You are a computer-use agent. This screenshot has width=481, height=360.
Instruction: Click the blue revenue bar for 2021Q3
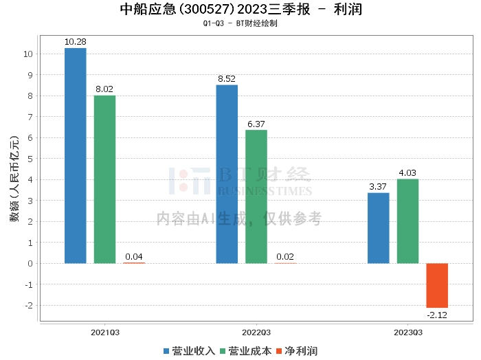click(75, 155)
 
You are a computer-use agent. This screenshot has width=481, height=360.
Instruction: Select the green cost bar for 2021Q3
click(104, 179)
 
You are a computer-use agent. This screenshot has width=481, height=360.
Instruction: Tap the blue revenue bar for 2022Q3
click(227, 174)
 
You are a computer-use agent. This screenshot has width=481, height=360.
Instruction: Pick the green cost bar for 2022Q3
click(256, 196)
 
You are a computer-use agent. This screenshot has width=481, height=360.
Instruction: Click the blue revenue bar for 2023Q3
click(379, 228)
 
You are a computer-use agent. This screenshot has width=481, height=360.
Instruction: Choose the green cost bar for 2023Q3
click(407, 221)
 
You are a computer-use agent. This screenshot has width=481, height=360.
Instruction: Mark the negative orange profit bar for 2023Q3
click(437, 285)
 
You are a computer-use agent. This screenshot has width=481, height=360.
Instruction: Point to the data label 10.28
click(75, 42)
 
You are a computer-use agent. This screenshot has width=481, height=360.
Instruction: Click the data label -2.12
click(437, 314)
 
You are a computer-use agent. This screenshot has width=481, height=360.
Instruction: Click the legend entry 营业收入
click(189, 351)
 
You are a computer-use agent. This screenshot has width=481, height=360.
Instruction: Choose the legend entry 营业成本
click(245, 351)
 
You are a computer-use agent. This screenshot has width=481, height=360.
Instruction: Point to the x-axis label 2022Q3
click(256, 331)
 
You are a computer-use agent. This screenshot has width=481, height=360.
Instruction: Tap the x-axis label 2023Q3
click(407, 331)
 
